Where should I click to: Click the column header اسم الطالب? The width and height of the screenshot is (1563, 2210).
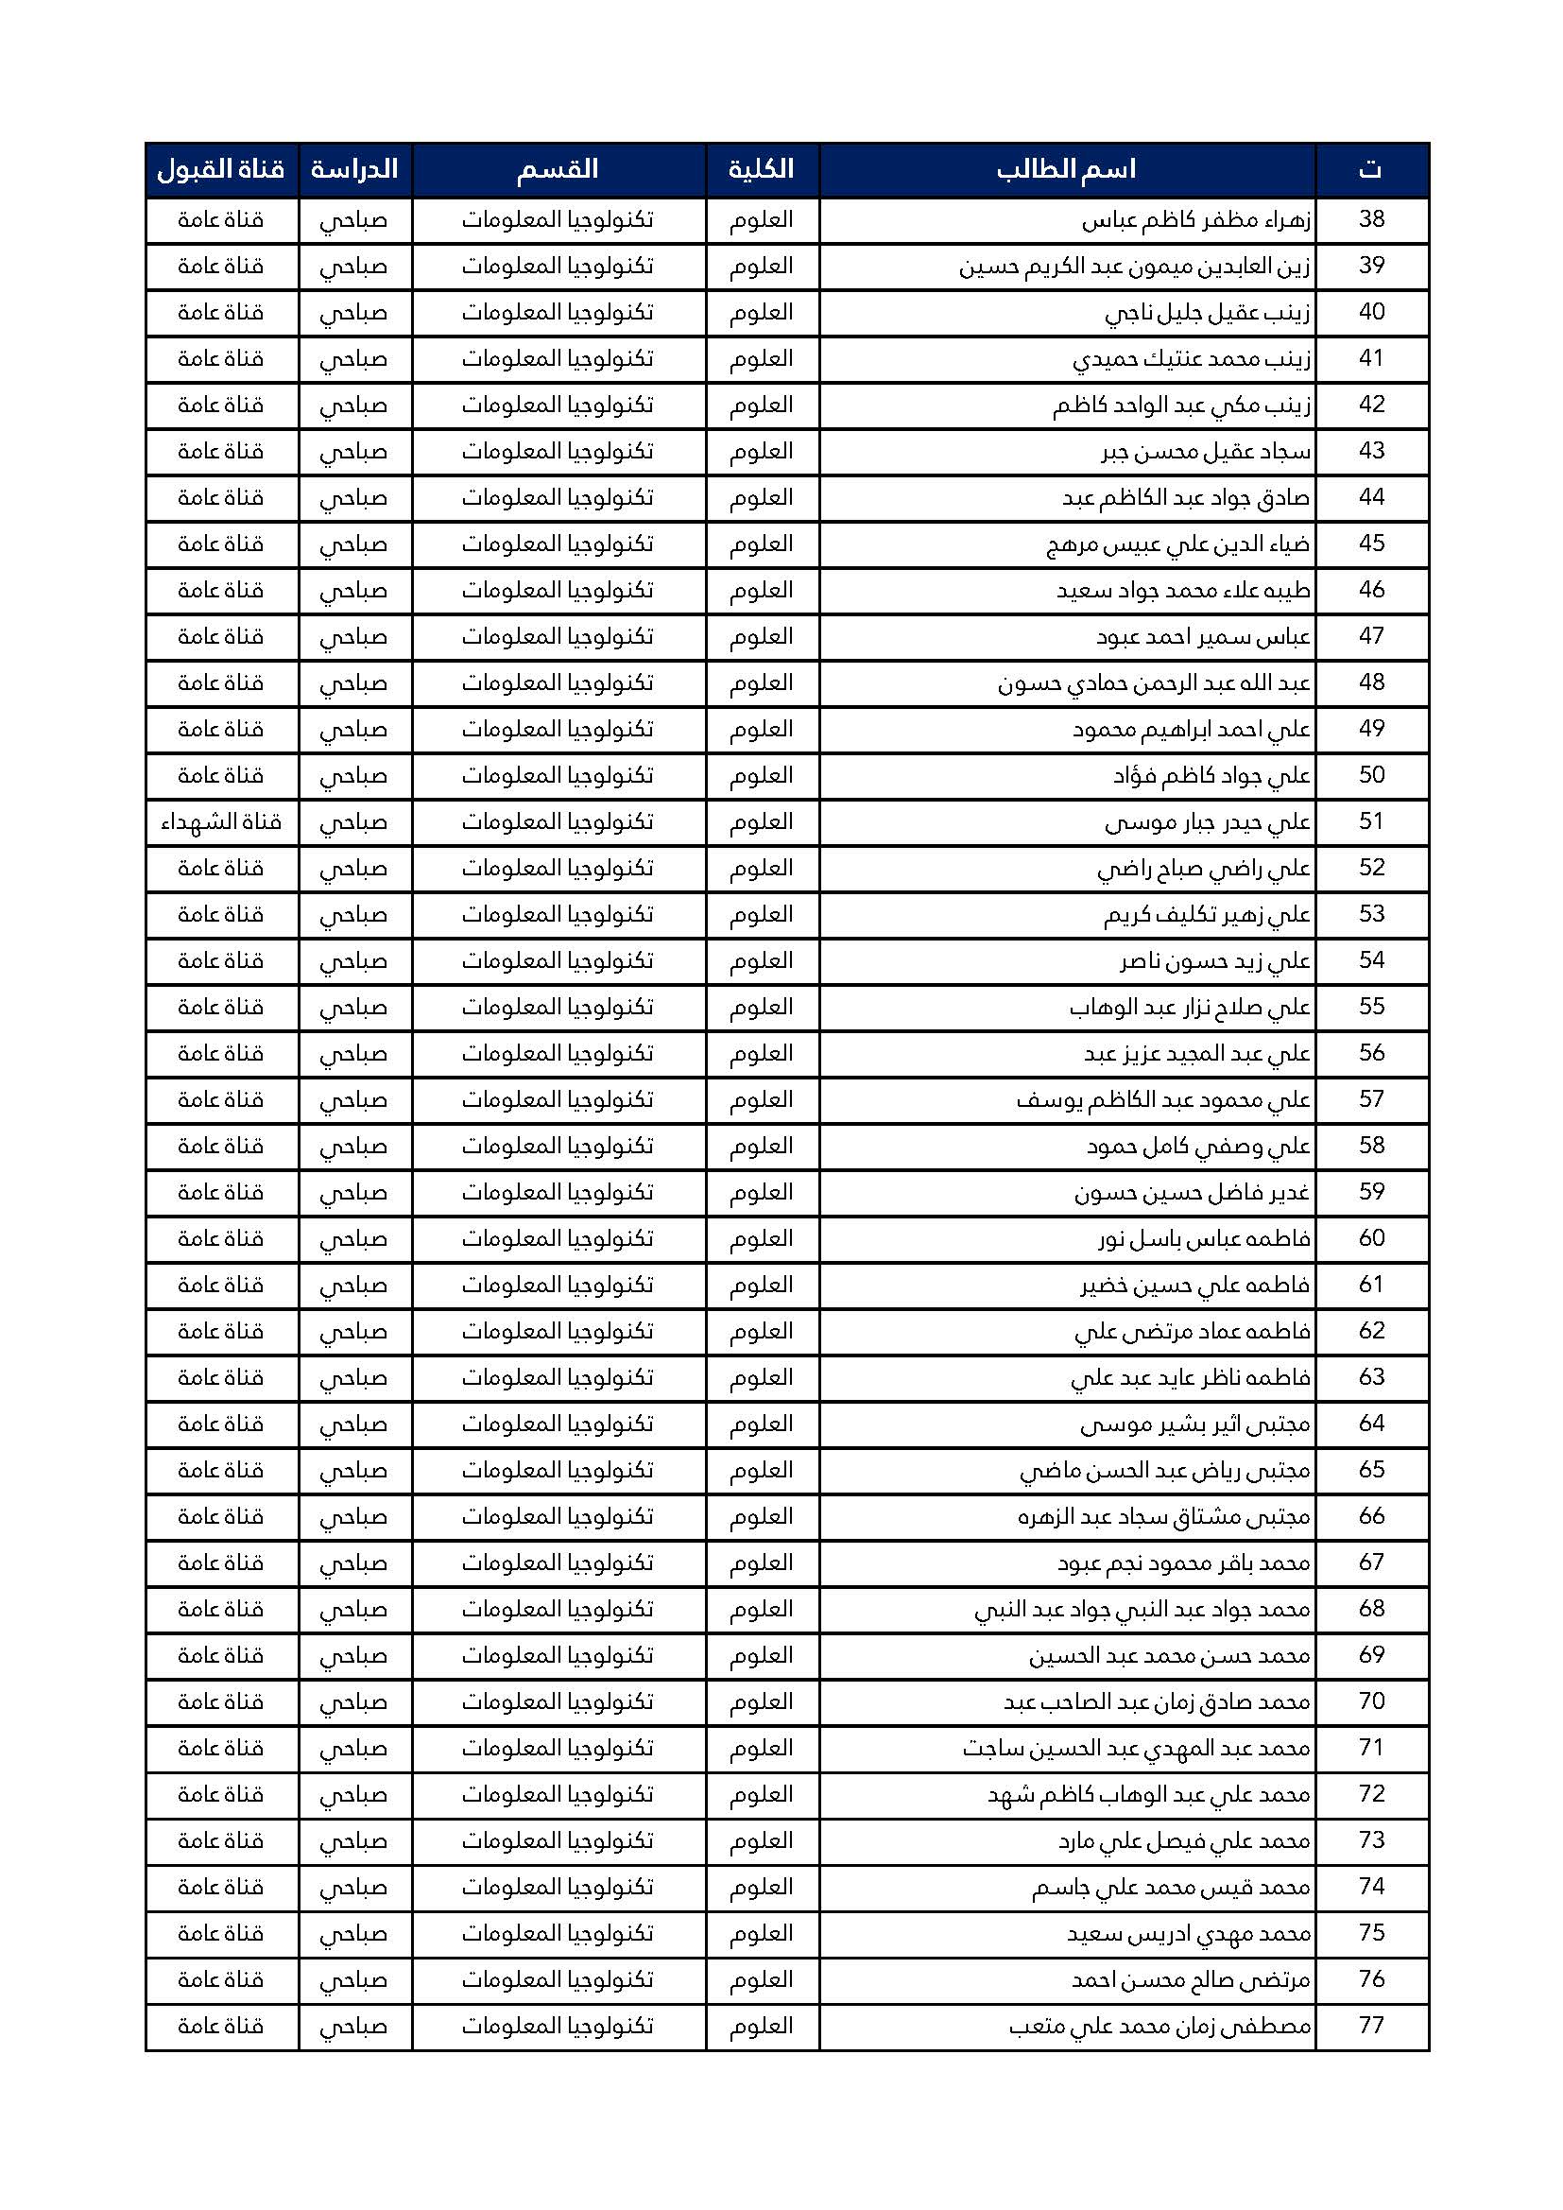[1066, 169]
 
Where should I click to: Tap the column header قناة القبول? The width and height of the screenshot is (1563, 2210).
[221, 169]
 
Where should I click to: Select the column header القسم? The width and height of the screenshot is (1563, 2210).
[558, 169]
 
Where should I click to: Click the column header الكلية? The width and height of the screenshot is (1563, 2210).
[762, 169]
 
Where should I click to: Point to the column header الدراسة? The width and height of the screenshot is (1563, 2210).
[354, 169]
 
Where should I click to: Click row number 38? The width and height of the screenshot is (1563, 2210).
[1371, 219]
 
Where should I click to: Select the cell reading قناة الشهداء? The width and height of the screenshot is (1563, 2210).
[221, 822]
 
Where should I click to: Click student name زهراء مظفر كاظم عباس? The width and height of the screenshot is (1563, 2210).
[1196, 220]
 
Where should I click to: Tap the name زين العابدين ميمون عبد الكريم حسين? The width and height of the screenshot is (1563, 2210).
[1135, 267]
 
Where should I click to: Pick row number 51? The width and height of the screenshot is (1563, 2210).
[1371, 822]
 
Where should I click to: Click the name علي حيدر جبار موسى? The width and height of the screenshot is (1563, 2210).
[1208, 823]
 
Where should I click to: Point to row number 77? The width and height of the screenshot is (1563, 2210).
[1371, 2025]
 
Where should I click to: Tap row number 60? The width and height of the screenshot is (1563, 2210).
[1371, 1239]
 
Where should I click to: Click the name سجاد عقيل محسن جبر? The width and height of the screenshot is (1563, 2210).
[1206, 452]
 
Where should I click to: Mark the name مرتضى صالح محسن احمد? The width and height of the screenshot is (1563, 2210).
[1192, 1980]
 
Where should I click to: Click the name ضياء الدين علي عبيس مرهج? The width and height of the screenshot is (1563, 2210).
[1179, 544]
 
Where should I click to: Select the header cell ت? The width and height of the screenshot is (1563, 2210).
[1371, 169]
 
